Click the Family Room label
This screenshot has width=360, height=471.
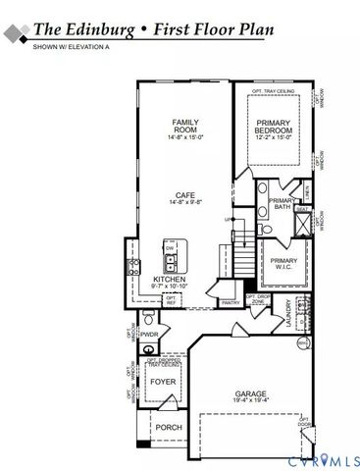185,125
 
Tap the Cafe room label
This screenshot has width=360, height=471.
186,195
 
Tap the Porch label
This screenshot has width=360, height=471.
167,427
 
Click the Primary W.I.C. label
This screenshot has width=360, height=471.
280,265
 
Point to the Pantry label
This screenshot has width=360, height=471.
231,303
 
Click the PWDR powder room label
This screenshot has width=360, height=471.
149,335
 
